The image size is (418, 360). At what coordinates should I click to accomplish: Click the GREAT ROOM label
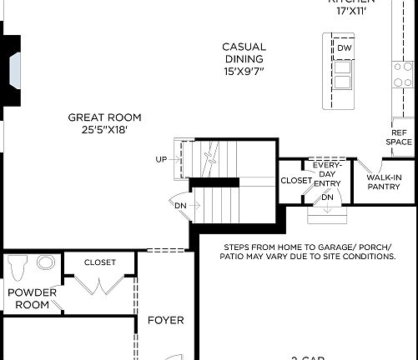pos(104,117)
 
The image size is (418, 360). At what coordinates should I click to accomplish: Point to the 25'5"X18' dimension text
pos(104,130)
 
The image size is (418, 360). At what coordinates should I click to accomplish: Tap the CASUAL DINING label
pos(244,52)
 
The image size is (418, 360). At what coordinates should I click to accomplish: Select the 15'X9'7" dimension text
pos(244,72)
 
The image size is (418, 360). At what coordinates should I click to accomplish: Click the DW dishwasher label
pos(344,49)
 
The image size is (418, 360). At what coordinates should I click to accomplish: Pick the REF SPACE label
pos(399,137)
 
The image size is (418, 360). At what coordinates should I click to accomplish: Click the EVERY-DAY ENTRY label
pos(327,174)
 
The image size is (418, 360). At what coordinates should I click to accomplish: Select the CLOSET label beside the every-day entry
pos(295,180)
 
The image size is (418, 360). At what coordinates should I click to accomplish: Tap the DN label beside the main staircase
pos(180,205)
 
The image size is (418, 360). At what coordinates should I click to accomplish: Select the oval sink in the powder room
pos(46,263)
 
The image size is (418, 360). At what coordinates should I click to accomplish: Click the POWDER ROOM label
pos(32,298)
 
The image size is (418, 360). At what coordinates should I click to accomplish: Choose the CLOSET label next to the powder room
pos(100,262)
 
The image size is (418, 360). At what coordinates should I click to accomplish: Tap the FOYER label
pos(165,320)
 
